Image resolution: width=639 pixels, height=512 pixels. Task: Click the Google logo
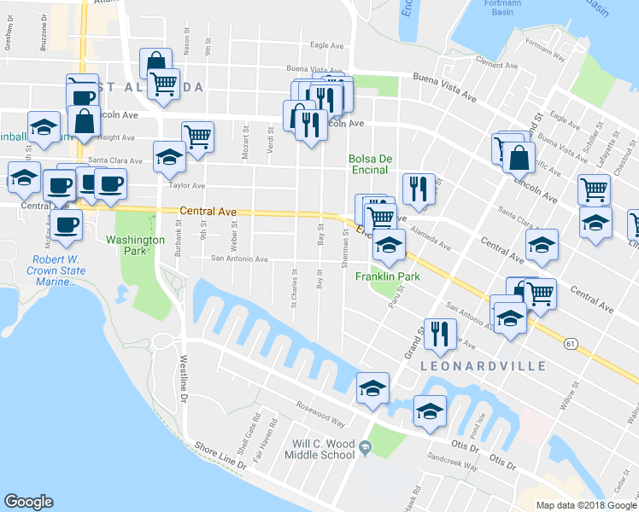[29, 502]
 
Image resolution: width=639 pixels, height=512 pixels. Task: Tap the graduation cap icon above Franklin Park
[389, 247]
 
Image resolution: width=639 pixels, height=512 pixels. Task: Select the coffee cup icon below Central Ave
[67, 225]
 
